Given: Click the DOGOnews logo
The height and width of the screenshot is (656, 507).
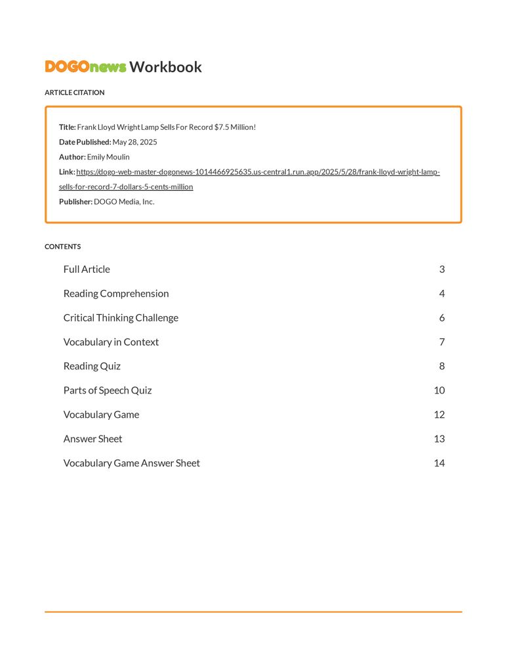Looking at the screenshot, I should (x=85, y=67).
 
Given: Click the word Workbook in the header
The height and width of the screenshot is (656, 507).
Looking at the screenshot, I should (x=165, y=67).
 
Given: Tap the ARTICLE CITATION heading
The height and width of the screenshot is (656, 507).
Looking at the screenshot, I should (x=74, y=92).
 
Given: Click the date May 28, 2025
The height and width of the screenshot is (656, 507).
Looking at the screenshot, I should (x=134, y=142).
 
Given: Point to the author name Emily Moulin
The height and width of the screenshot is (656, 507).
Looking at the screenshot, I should (x=108, y=157).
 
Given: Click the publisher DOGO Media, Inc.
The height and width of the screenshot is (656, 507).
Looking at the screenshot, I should (x=124, y=202).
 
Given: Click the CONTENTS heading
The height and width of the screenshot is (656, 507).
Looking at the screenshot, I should (x=62, y=247).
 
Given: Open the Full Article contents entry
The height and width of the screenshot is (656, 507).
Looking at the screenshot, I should (x=87, y=270).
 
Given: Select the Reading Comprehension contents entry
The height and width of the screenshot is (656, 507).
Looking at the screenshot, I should (x=116, y=294).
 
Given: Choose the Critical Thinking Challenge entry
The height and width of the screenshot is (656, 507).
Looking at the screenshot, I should (x=121, y=318).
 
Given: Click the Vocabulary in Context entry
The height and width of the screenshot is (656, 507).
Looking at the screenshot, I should (x=111, y=342).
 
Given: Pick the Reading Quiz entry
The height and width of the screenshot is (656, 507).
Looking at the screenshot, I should (x=92, y=367).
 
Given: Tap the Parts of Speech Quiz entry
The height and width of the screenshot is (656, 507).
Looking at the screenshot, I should (x=108, y=391).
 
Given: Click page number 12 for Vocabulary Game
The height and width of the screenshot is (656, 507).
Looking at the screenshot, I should (x=439, y=415).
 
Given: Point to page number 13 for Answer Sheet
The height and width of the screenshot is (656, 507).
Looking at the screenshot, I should (x=439, y=440).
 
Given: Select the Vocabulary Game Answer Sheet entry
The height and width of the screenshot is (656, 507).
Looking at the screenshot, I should (x=132, y=464).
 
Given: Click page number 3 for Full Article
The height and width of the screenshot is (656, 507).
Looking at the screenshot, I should (x=442, y=270).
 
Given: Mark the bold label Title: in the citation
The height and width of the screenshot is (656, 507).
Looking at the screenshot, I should (x=68, y=127).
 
